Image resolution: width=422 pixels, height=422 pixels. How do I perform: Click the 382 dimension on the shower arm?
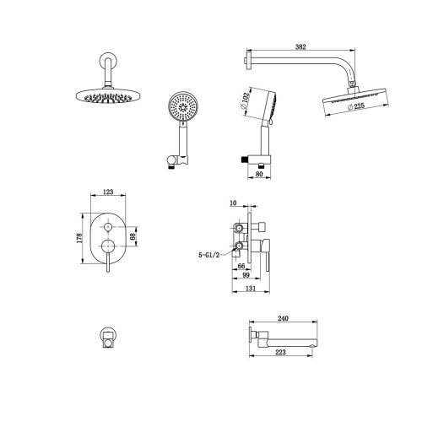click(x=300, y=46)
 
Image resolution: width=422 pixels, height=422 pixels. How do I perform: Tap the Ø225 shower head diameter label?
click(x=355, y=106)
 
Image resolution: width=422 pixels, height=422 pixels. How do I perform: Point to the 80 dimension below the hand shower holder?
click(x=259, y=174)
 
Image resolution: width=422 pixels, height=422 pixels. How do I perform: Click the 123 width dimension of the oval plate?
click(x=108, y=192)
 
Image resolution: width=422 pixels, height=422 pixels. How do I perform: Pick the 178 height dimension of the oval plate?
click(x=79, y=238)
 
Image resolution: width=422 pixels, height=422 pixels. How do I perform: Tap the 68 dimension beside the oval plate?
click(x=133, y=236)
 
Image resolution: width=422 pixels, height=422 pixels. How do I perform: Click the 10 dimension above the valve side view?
click(x=233, y=203)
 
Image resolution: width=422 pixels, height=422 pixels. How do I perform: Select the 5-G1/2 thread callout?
click(x=208, y=255)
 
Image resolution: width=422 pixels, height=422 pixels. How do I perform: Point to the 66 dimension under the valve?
click(x=241, y=266)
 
